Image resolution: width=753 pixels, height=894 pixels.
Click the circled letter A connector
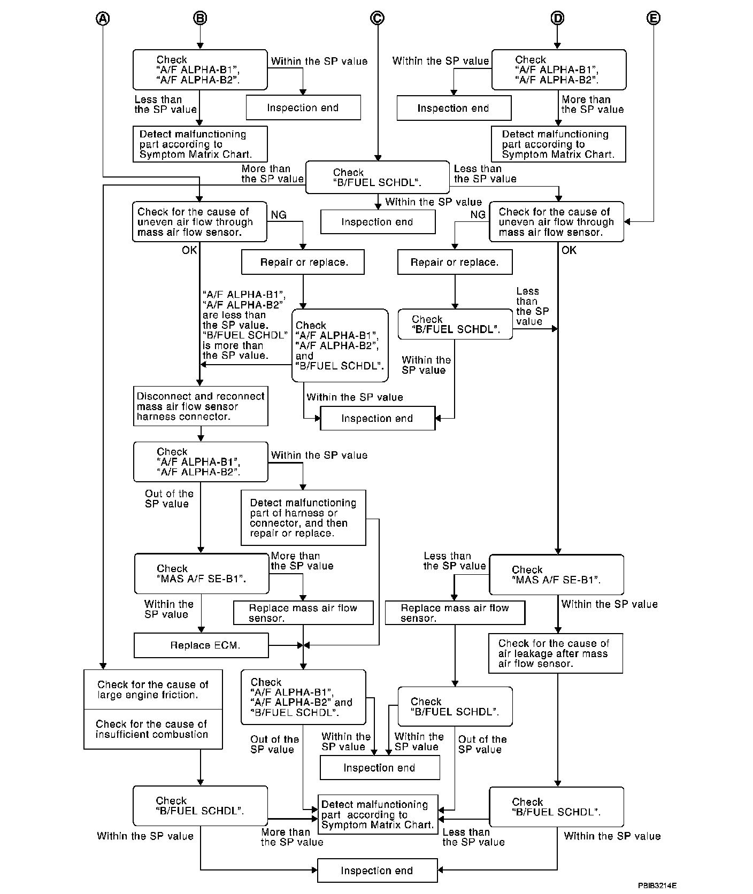coord(103,18)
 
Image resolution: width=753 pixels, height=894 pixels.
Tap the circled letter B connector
coord(199,18)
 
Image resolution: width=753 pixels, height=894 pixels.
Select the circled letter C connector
coord(377,18)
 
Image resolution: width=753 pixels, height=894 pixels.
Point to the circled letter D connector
coord(557,18)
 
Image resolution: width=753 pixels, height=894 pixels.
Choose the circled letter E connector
coord(654,18)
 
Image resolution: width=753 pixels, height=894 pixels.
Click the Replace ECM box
coord(201,645)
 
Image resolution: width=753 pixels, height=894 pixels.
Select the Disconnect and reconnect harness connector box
coord(201,406)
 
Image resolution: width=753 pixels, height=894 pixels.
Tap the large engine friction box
coord(153,690)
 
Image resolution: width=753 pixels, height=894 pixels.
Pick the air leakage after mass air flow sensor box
coord(556,653)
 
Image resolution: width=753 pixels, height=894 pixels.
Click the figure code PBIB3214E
coord(657,885)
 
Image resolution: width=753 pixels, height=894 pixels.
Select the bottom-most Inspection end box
coord(377,870)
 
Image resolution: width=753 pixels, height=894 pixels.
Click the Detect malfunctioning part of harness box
coord(303,518)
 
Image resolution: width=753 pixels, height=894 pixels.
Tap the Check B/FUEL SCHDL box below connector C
coord(377,177)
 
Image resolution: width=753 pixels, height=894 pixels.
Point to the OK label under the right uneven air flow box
coord(569,250)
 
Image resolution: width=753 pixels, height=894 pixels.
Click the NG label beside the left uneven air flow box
coord(279,215)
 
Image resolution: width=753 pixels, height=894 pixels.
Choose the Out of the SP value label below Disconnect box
coord(169,498)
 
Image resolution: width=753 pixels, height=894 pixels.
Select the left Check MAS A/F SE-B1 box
coord(201,574)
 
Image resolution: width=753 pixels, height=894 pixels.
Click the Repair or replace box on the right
coord(455,262)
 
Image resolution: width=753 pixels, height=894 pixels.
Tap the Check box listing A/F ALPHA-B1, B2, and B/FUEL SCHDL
coord(340,345)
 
